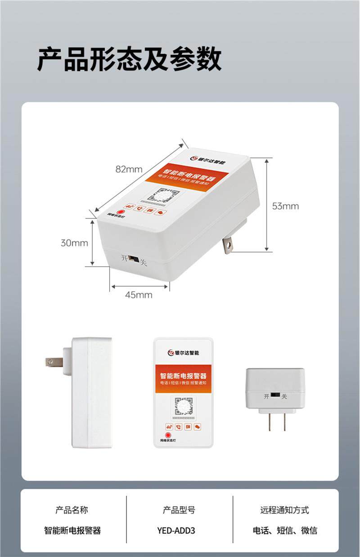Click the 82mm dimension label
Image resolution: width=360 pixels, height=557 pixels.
coord(129,169)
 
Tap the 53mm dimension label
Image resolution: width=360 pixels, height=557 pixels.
coord(285,206)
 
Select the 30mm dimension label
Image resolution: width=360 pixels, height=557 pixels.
coord(74,243)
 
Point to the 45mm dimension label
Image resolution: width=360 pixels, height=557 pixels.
coord(139,295)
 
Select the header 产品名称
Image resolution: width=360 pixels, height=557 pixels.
coord(72,510)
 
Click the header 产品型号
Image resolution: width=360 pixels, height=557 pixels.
coord(179,510)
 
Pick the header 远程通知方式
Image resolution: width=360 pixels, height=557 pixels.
coord(284,510)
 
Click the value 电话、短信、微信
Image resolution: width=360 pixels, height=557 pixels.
coord(284,530)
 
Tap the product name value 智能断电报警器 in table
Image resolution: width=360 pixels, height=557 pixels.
coord(72,530)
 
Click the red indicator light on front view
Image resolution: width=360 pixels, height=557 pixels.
coord(167,435)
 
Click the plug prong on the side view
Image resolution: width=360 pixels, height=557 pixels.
coord(54,361)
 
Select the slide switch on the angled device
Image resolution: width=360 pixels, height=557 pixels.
coord(133,259)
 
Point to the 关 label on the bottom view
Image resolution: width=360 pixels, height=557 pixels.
coord(284,396)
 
